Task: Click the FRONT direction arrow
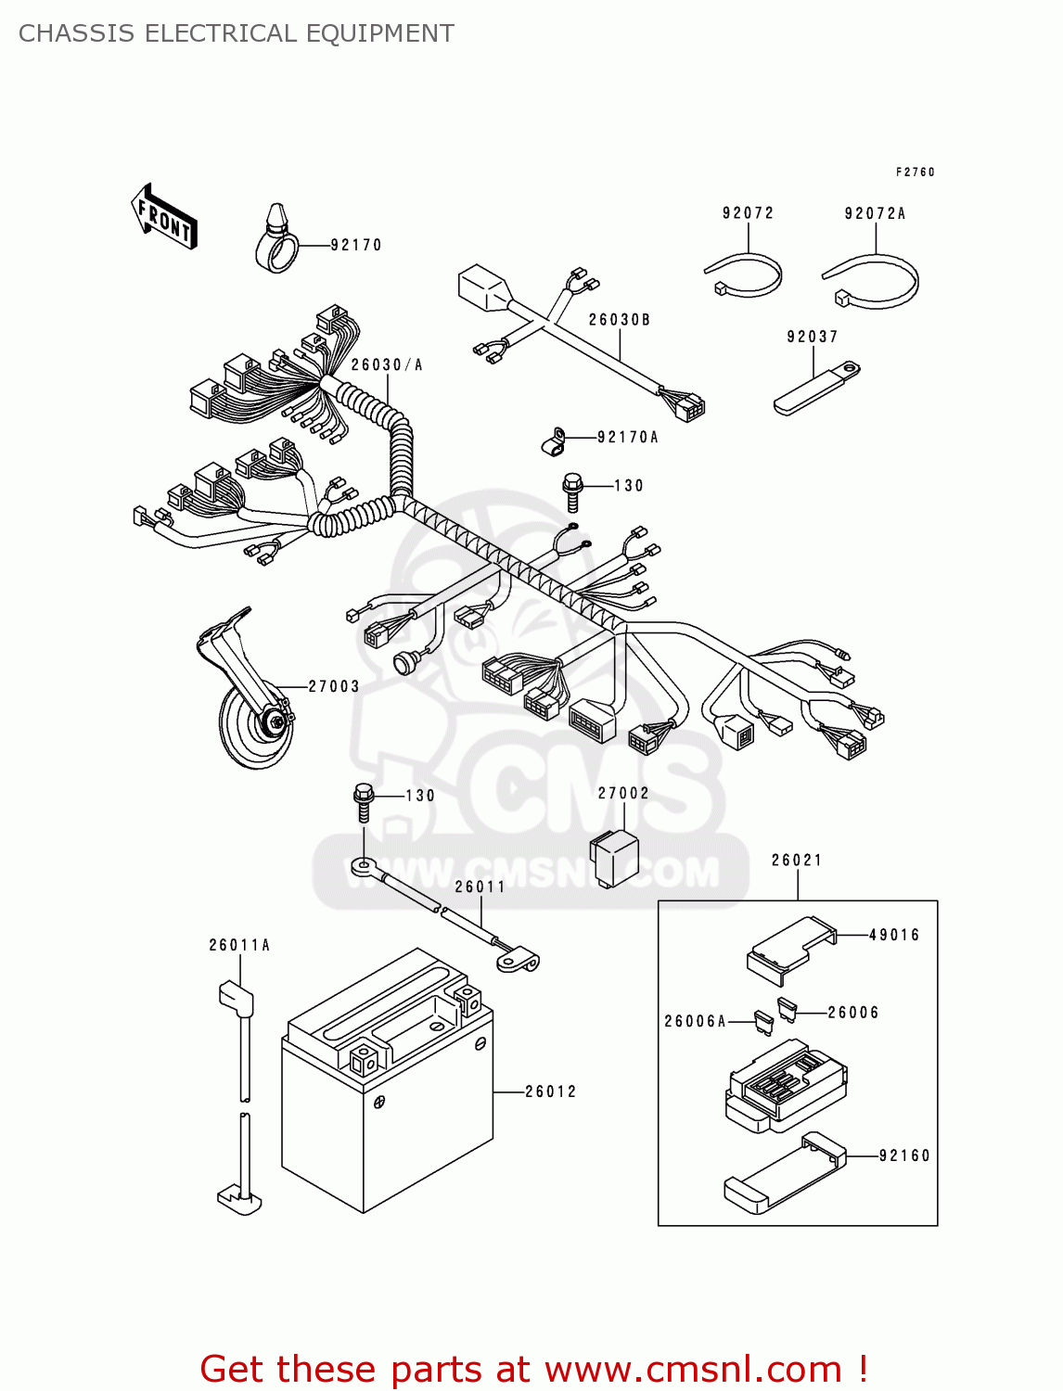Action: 163,217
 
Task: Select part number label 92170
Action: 356,245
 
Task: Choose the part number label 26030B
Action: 620,320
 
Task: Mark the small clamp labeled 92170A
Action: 554,442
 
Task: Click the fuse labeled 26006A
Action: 764,1023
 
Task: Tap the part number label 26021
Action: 797,861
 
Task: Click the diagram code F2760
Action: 915,172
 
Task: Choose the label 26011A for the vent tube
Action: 239,945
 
